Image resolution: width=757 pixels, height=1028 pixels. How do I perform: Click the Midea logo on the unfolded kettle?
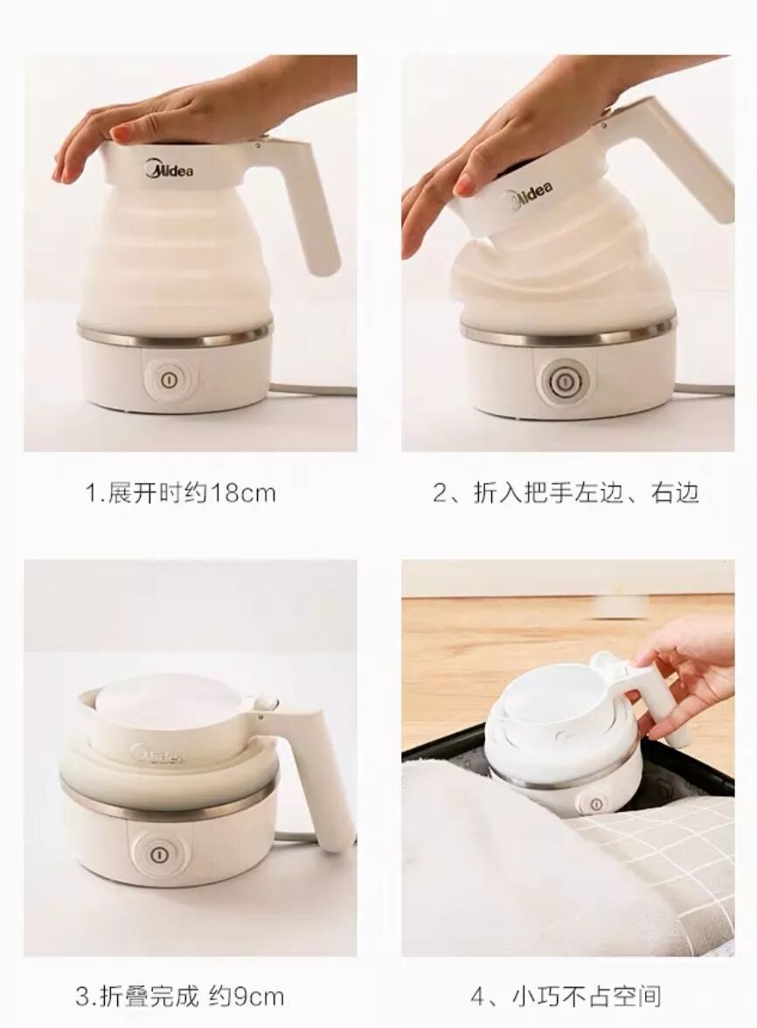(x=169, y=170)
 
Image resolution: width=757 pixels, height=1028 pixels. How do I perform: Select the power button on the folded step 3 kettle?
(x=157, y=854)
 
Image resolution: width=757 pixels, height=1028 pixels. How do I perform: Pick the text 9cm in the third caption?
(x=247, y=997)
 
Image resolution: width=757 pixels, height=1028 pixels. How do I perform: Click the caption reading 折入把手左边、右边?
(x=566, y=493)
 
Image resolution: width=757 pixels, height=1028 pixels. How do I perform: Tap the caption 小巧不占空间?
(x=586, y=997)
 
